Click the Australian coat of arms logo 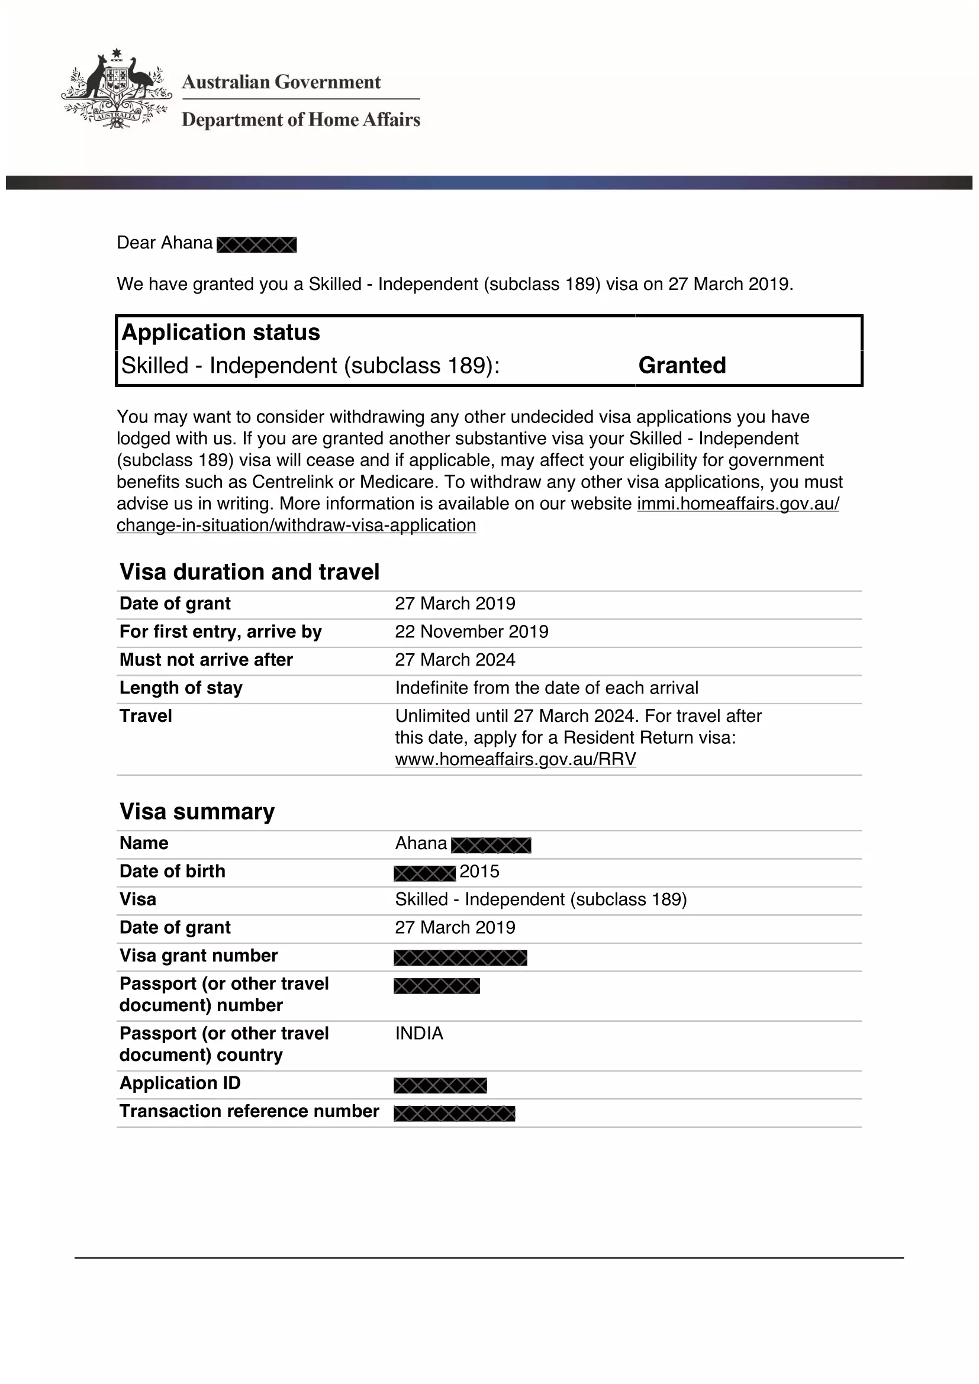[x=116, y=89]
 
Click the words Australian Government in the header [x=281, y=82]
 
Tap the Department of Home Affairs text [x=301, y=120]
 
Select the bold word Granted [x=682, y=365]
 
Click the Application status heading [x=221, y=333]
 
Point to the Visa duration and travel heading [x=250, y=572]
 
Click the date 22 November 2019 [x=471, y=632]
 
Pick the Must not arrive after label [x=206, y=659]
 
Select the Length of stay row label [x=181, y=688]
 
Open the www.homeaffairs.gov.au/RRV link [x=516, y=759]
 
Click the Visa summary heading [x=197, y=811]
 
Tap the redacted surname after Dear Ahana [x=257, y=244]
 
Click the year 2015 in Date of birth [x=479, y=872]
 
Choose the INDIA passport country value [x=419, y=1033]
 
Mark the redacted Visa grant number [x=460, y=957]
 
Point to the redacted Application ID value [x=440, y=1086]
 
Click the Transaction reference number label [x=249, y=1111]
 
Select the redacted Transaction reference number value [x=455, y=1114]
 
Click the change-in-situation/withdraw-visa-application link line [x=296, y=525]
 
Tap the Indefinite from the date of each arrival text [x=547, y=688]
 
